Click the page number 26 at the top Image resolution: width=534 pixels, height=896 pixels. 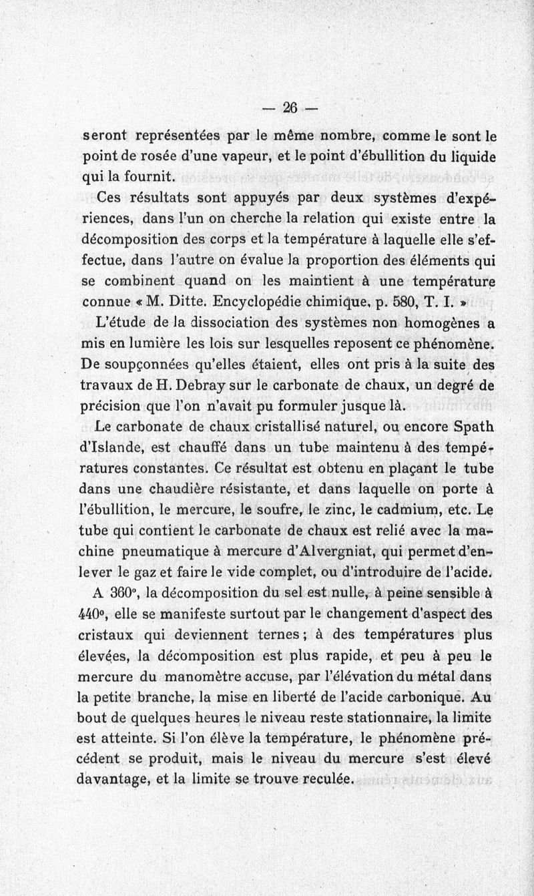click(x=290, y=108)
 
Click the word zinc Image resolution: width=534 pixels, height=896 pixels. click(x=347, y=509)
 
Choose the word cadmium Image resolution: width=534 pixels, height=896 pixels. click(x=409, y=509)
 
